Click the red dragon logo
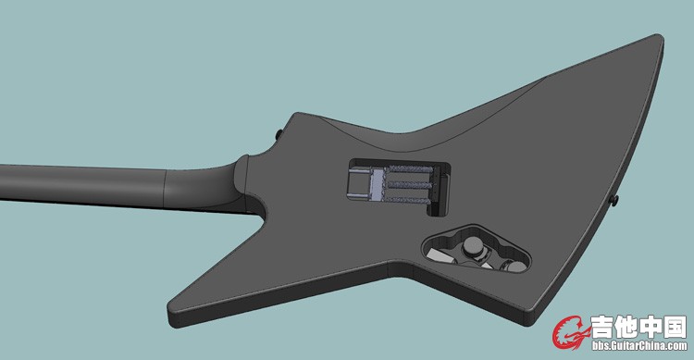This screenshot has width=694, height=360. point(571,332)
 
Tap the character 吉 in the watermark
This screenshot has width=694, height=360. point(603,327)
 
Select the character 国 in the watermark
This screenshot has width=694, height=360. point(675,327)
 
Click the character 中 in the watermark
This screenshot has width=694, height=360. point(651,327)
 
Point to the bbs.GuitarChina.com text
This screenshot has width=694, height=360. point(639,345)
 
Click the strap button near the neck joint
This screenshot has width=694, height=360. point(279,133)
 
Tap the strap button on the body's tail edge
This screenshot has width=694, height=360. point(614,200)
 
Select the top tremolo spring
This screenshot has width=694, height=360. point(410,168)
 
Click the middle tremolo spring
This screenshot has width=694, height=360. point(409,185)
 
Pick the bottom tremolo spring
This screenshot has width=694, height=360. point(408,201)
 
